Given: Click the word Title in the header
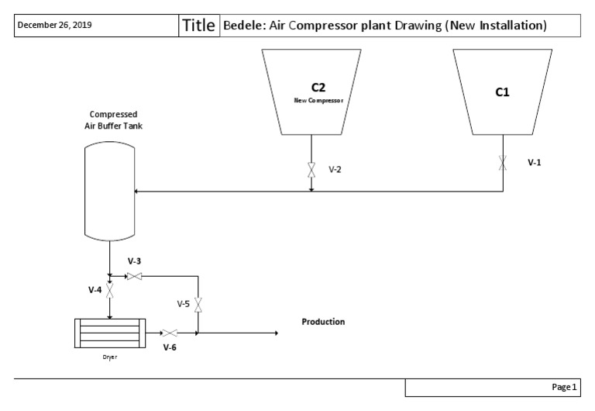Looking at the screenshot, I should click(199, 25).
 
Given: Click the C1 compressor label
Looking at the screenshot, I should click(502, 92).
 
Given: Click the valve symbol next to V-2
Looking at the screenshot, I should click(311, 170).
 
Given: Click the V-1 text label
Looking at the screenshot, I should click(535, 163).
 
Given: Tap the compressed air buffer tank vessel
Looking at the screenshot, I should click(109, 191).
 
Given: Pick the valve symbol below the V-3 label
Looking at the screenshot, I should click(134, 276).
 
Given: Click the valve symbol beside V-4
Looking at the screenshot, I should click(110, 290).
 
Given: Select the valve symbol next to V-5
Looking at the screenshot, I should click(198, 305).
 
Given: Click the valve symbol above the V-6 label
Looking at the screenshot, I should click(170, 333).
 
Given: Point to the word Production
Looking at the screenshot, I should click(323, 322).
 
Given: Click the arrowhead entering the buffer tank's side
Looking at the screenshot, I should click(137, 191).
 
